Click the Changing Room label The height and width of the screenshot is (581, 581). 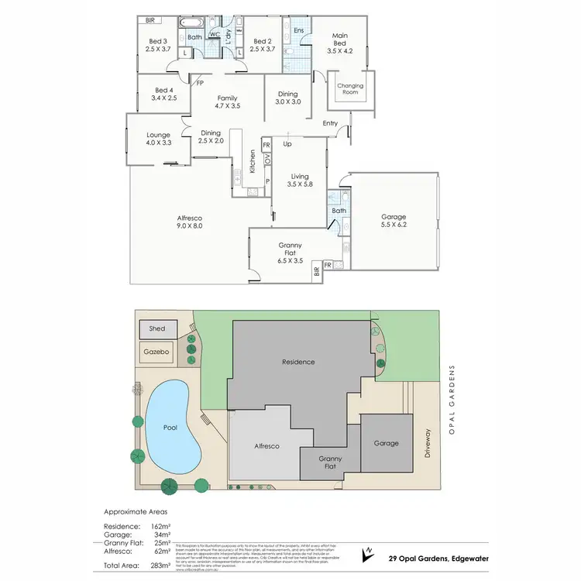pos(350,88)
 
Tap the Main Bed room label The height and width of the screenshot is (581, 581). pos(340,43)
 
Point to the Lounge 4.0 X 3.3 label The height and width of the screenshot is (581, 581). pos(157,139)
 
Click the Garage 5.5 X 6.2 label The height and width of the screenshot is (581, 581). pos(394,222)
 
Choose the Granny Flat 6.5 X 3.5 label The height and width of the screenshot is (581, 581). pos(293,253)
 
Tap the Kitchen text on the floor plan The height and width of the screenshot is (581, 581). pos(253,163)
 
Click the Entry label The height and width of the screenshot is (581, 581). pos(331,123)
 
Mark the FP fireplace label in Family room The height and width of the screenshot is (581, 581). pos(200,83)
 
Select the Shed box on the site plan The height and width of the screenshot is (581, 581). pos(157,328)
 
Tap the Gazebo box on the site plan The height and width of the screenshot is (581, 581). pos(157,352)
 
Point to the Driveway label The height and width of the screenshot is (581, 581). pos(427,442)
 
